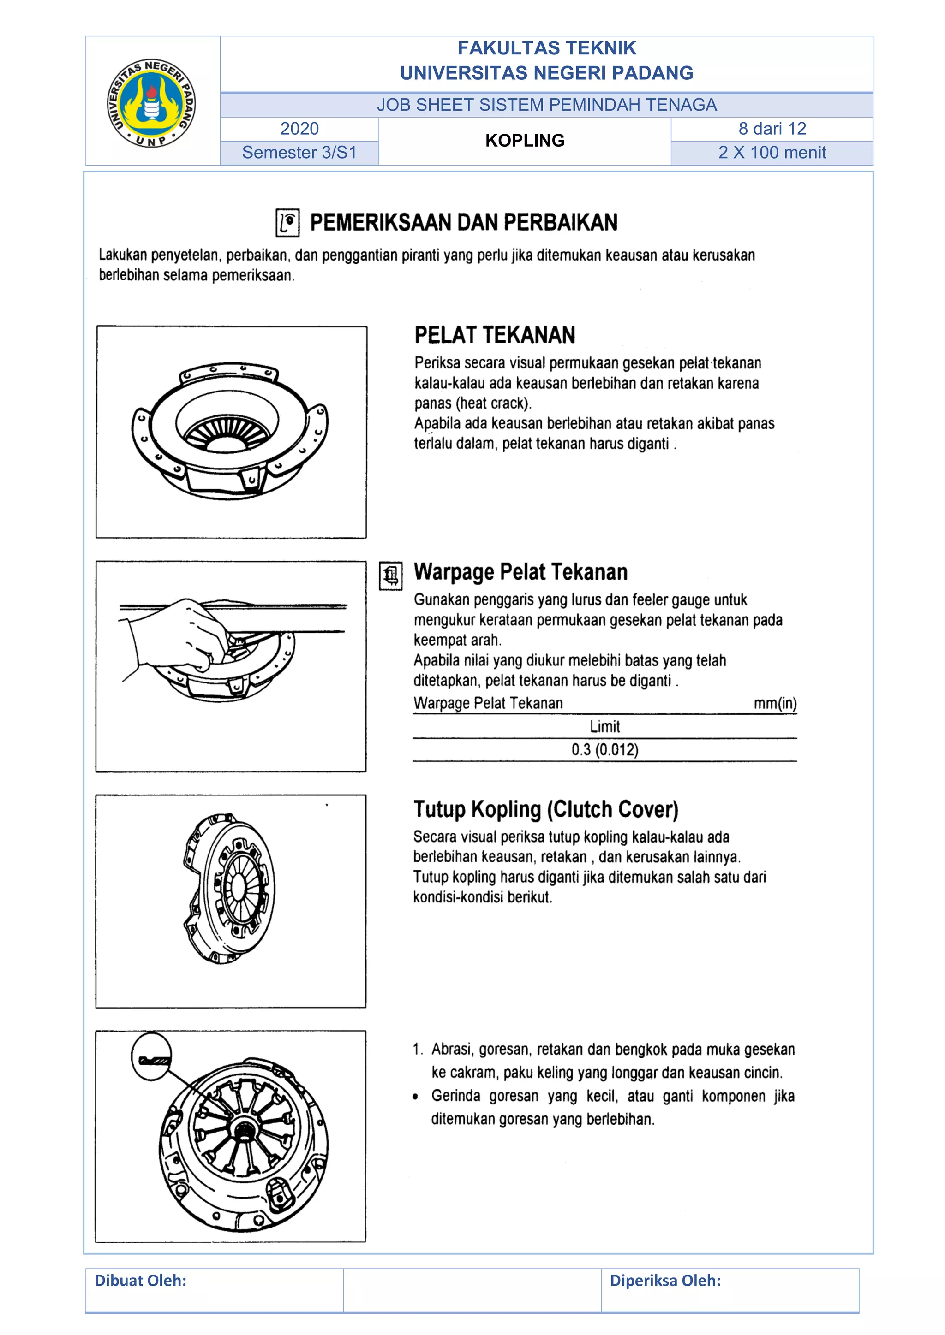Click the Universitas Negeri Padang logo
(151, 103)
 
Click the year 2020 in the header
(299, 129)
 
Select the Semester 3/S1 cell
(299, 152)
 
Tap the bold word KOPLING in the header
(524, 140)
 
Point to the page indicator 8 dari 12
(772, 129)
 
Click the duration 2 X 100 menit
(772, 152)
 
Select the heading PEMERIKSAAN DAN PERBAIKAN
(463, 222)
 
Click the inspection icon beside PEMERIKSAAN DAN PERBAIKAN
(287, 223)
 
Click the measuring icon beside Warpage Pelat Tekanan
(390, 576)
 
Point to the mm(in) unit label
(775, 704)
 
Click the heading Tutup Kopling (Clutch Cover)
(545, 809)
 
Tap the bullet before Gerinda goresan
(415, 1097)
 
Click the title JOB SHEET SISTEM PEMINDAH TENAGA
(546, 105)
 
